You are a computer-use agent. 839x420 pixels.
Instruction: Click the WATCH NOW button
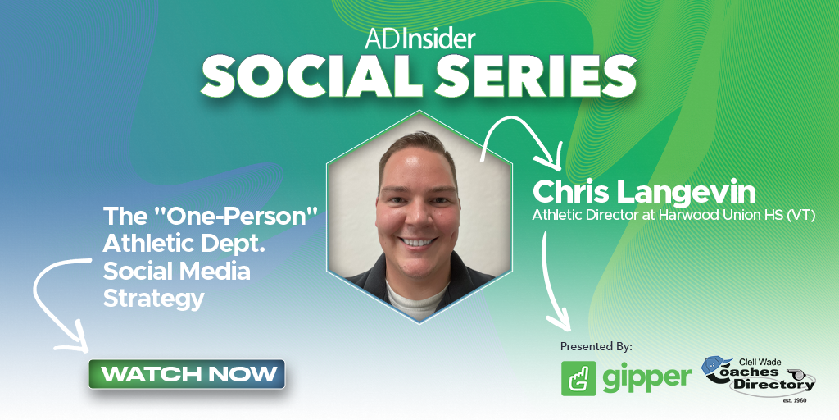coord(187,374)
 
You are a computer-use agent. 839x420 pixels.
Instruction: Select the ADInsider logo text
coord(419,38)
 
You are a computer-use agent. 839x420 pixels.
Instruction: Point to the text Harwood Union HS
coord(705,217)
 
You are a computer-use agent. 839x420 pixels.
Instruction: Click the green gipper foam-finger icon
coord(578,378)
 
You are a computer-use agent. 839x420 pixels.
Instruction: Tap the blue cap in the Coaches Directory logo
coord(714,366)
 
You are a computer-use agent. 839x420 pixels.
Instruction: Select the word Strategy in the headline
coord(153,299)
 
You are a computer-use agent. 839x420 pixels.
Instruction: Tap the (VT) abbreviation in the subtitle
coord(800,217)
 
